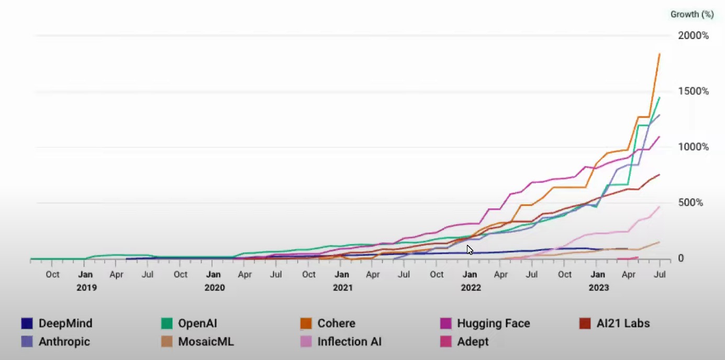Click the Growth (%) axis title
tap(692, 15)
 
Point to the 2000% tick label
tap(694, 36)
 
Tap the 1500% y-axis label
tap(694, 92)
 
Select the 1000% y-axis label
tap(694, 147)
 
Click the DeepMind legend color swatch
tap(27, 323)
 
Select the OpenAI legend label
tap(197, 323)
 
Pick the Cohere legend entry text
tap(336, 323)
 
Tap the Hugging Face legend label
tap(493, 323)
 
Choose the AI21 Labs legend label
tap(623, 323)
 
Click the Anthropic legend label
tap(64, 342)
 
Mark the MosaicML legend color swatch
tap(166, 342)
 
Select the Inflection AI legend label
tap(349, 342)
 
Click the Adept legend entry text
tap(473, 342)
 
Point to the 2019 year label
tap(86, 287)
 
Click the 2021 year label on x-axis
tap(342, 287)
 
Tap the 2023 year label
tap(599, 287)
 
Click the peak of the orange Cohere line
tap(660, 53)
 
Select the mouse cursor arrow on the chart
tap(470, 250)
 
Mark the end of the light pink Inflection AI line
tap(660, 206)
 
